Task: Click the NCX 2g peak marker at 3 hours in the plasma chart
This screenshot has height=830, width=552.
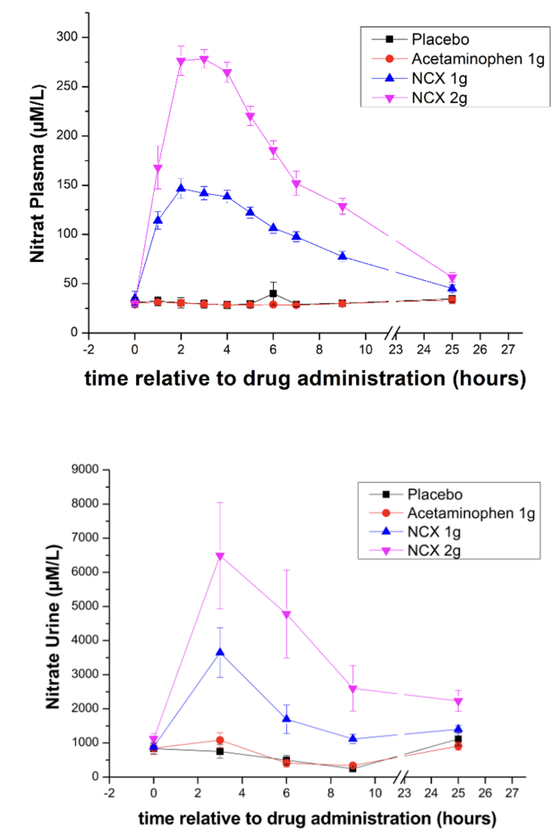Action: (x=204, y=60)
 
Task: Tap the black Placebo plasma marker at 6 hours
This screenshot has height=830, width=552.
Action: (x=273, y=293)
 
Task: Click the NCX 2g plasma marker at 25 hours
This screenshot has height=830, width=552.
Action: (x=452, y=279)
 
